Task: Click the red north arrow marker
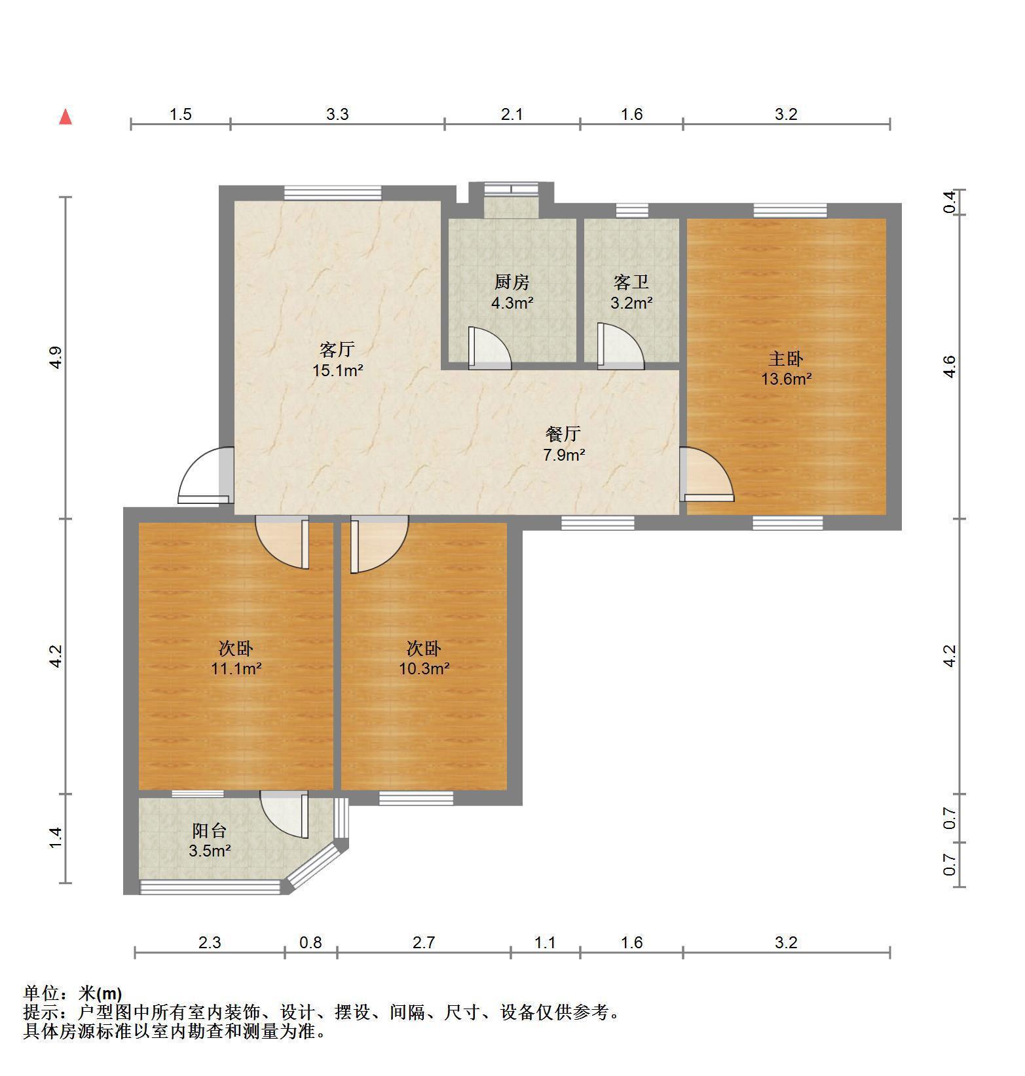[65, 117]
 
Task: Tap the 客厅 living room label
[337, 349]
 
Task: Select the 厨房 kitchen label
[512, 282]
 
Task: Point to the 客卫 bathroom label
[631, 282]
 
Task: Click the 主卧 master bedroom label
[786, 358]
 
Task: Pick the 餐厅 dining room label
[563, 434]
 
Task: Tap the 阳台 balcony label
[210, 830]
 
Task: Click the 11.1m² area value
[236, 669]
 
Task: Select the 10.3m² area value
[424, 669]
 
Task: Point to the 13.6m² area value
[786, 379]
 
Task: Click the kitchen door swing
[489, 347]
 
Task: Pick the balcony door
[284, 815]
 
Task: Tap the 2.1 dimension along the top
[512, 114]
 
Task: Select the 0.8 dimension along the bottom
[310, 942]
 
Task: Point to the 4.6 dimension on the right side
[949, 366]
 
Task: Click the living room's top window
[333, 193]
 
